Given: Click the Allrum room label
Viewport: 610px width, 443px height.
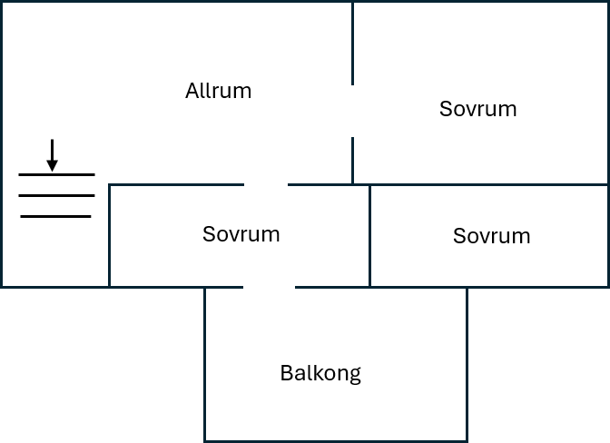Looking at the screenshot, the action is pos(218,91).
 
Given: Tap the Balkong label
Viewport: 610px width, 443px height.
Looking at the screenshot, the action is pos(320,374).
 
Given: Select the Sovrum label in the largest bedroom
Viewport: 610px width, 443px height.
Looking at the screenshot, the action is pos(478,109).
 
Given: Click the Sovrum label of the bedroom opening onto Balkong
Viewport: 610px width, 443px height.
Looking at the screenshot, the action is pos(241,234).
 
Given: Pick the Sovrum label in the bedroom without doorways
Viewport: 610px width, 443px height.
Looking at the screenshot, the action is pos(492,236).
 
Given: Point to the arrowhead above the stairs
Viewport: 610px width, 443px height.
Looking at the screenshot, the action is pos(52,165).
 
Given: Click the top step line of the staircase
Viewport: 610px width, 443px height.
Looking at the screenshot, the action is pos(57,175).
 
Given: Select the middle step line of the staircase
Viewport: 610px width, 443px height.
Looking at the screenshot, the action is pos(57,196).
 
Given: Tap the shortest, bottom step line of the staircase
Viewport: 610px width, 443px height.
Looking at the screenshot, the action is pos(55,216).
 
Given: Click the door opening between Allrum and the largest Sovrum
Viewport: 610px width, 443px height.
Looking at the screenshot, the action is pos(353,111).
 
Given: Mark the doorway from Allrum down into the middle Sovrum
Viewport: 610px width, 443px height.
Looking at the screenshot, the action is pos(266,185).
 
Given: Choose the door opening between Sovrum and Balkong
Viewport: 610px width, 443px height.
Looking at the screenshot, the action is pos(270,288).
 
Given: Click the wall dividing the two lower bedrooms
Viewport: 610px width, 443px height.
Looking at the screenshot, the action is pos(369,236).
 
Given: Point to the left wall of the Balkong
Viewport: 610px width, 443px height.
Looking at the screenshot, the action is pos(205,364).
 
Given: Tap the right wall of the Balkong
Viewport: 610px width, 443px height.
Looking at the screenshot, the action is pos(467,364).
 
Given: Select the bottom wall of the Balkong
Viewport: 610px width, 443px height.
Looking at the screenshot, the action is pos(336,441).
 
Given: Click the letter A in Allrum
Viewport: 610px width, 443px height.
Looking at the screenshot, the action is pos(192,91).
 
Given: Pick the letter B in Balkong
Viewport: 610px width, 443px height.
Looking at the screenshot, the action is pos(286,373).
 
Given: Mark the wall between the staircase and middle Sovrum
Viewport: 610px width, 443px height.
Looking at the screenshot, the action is pos(109,236).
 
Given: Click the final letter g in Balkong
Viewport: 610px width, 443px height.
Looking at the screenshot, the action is pos(355,376).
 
